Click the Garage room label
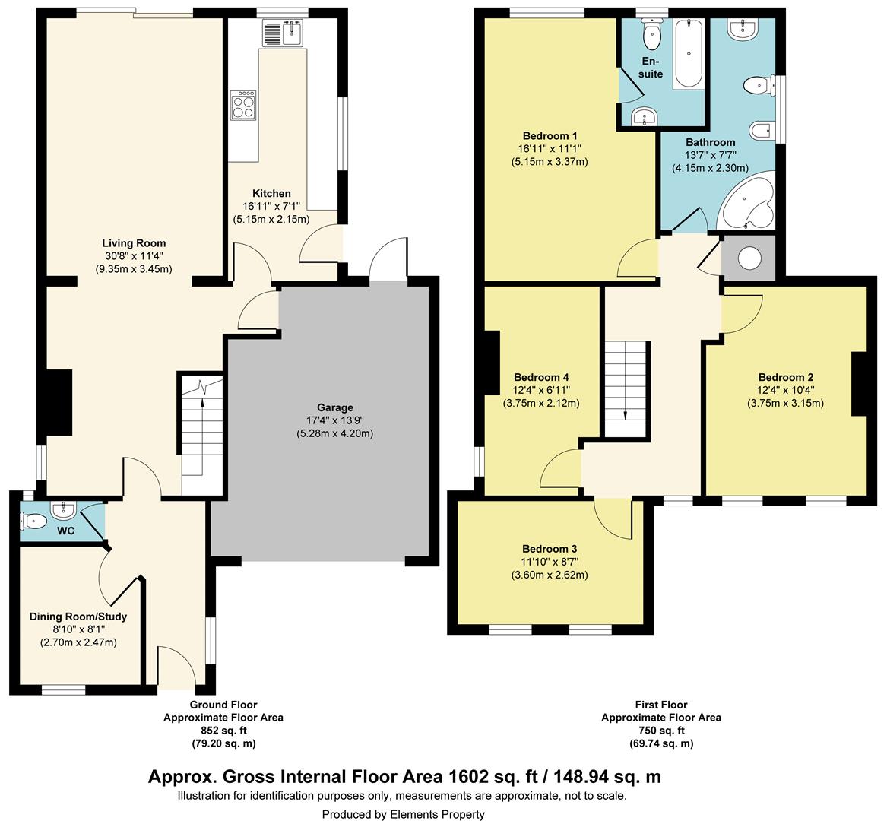pos(335,407)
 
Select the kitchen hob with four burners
pos(242,105)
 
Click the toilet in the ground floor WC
pos(34,520)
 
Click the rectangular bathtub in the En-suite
pos(689,54)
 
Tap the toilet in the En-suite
pos(652,35)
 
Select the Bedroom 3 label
pos(550,549)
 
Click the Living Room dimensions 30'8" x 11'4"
pos(134,256)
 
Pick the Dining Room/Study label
pos(78,617)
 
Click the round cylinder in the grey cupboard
pos(749,258)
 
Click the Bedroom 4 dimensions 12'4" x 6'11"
pos(541,391)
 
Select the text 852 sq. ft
pos(223,731)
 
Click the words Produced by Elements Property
pos(404,815)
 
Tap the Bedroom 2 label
pos(786,377)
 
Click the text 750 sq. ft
pos(661,731)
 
